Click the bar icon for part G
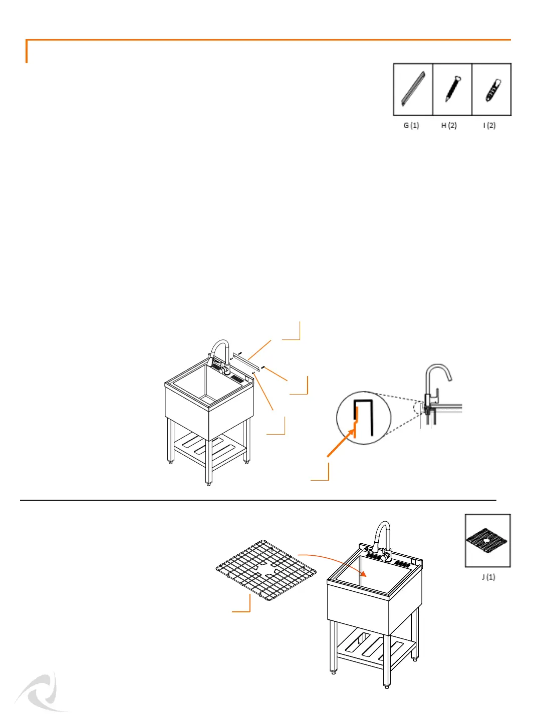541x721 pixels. (413, 89)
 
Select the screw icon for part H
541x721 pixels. (452, 89)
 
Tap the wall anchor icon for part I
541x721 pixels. (492, 89)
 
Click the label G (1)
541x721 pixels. (411, 125)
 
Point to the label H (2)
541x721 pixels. (449, 125)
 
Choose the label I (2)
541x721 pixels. (489, 125)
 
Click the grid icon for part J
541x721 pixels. (487, 541)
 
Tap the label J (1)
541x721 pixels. (488, 577)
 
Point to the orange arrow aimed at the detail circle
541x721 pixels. (341, 444)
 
